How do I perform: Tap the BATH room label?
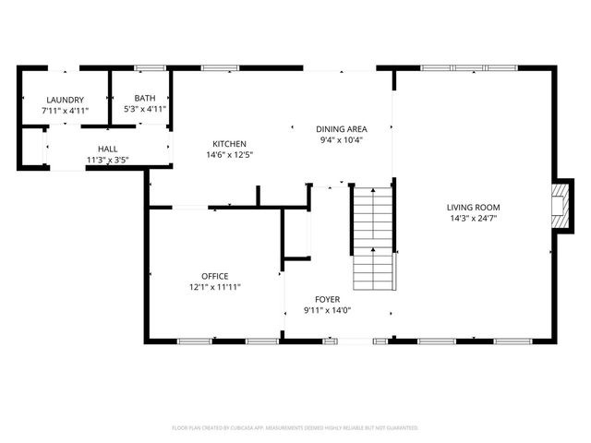(x=145, y=98)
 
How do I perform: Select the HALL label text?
(x=107, y=149)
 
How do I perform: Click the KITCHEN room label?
(x=229, y=144)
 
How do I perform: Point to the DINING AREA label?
(x=341, y=129)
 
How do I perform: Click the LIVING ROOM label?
(x=474, y=207)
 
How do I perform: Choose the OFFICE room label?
(x=215, y=276)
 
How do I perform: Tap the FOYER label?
(x=327, y=300)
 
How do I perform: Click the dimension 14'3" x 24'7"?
(x=474, y=219)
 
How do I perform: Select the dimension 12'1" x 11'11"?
(x=215, y=287)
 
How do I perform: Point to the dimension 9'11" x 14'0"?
(x=327, y=311)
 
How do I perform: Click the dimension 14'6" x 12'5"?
(x=229, y=155)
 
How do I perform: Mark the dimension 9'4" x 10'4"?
(x=341, y=140)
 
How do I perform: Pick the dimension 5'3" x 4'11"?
(x=145, y=109)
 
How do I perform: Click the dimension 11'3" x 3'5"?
(x=107, y=160)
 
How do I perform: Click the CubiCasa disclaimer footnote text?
(x=295, y=428)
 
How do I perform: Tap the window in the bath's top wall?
(x=150, y=67)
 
